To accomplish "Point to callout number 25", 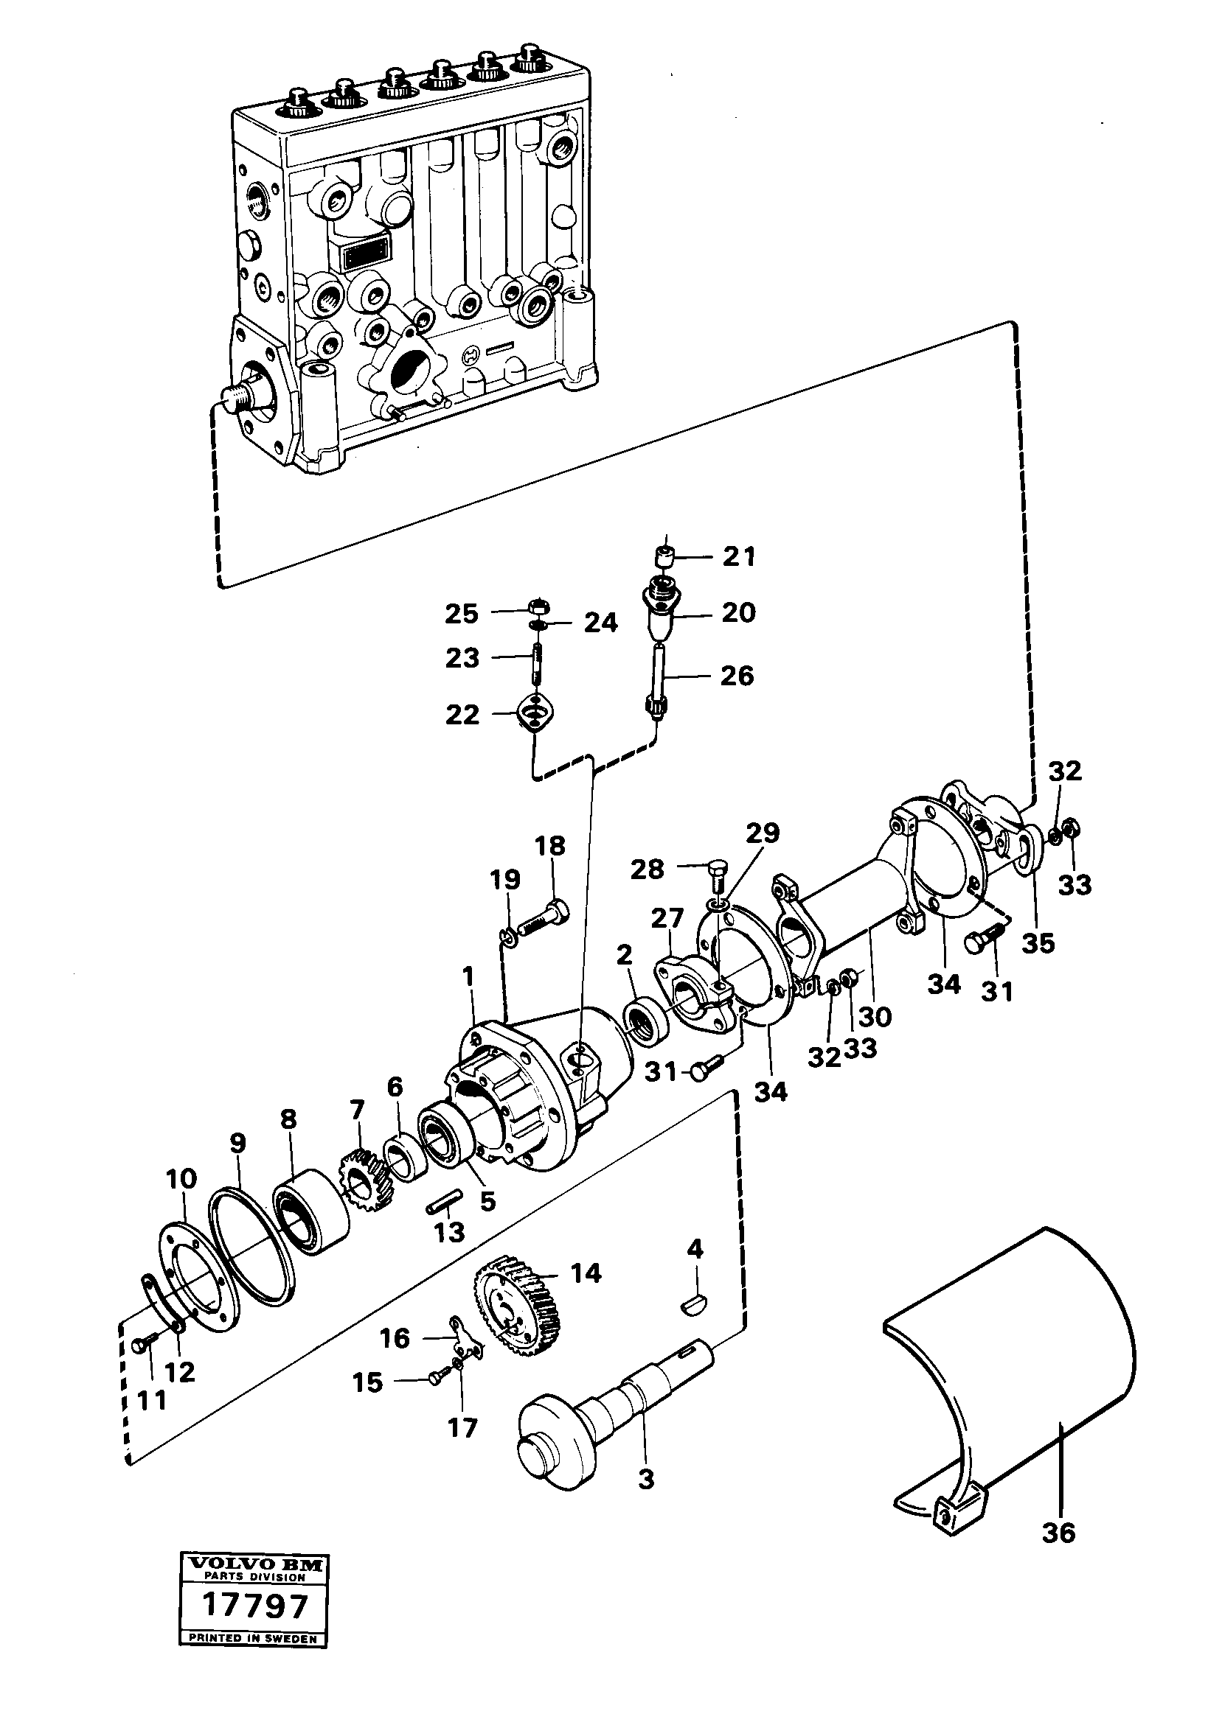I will point(461,613).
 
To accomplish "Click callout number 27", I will point(667,918).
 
